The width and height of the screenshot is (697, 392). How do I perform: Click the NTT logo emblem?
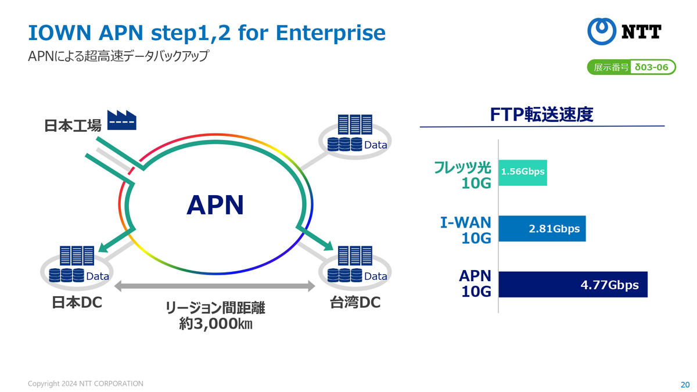pos(602,31)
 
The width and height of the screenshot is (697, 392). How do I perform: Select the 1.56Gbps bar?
pos(523,172)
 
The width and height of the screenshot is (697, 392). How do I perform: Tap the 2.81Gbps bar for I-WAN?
pos(542,229)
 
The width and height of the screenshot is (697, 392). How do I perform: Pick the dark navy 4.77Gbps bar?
pos(573,285)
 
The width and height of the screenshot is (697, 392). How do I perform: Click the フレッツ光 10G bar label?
pos(463,175)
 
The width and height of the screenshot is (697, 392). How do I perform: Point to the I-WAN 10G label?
pos(465,230)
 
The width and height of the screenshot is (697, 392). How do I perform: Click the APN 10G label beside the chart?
pos(475,283)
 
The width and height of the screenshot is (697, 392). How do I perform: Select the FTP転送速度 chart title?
pos(542,114)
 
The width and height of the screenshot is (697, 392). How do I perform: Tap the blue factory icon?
pos(121,120)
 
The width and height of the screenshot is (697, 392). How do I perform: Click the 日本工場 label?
pos(73,125)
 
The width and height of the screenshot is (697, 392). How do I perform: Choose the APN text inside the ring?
pos(215,205)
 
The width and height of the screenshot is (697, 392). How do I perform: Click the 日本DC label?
pos(77,303)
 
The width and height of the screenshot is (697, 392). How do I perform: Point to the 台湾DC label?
pos(355,303)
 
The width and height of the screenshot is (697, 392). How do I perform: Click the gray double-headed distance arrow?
pos(215,286)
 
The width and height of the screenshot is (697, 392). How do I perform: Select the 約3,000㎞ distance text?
pos(215,323)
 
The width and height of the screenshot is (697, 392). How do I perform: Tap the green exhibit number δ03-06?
pos(652,67)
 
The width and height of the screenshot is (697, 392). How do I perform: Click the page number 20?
pos(685,384)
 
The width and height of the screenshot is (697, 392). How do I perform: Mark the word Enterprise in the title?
pos(330,33)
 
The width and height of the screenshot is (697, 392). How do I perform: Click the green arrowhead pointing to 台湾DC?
pos(328,246)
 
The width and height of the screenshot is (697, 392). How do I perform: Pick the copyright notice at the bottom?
pos(85,384)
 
